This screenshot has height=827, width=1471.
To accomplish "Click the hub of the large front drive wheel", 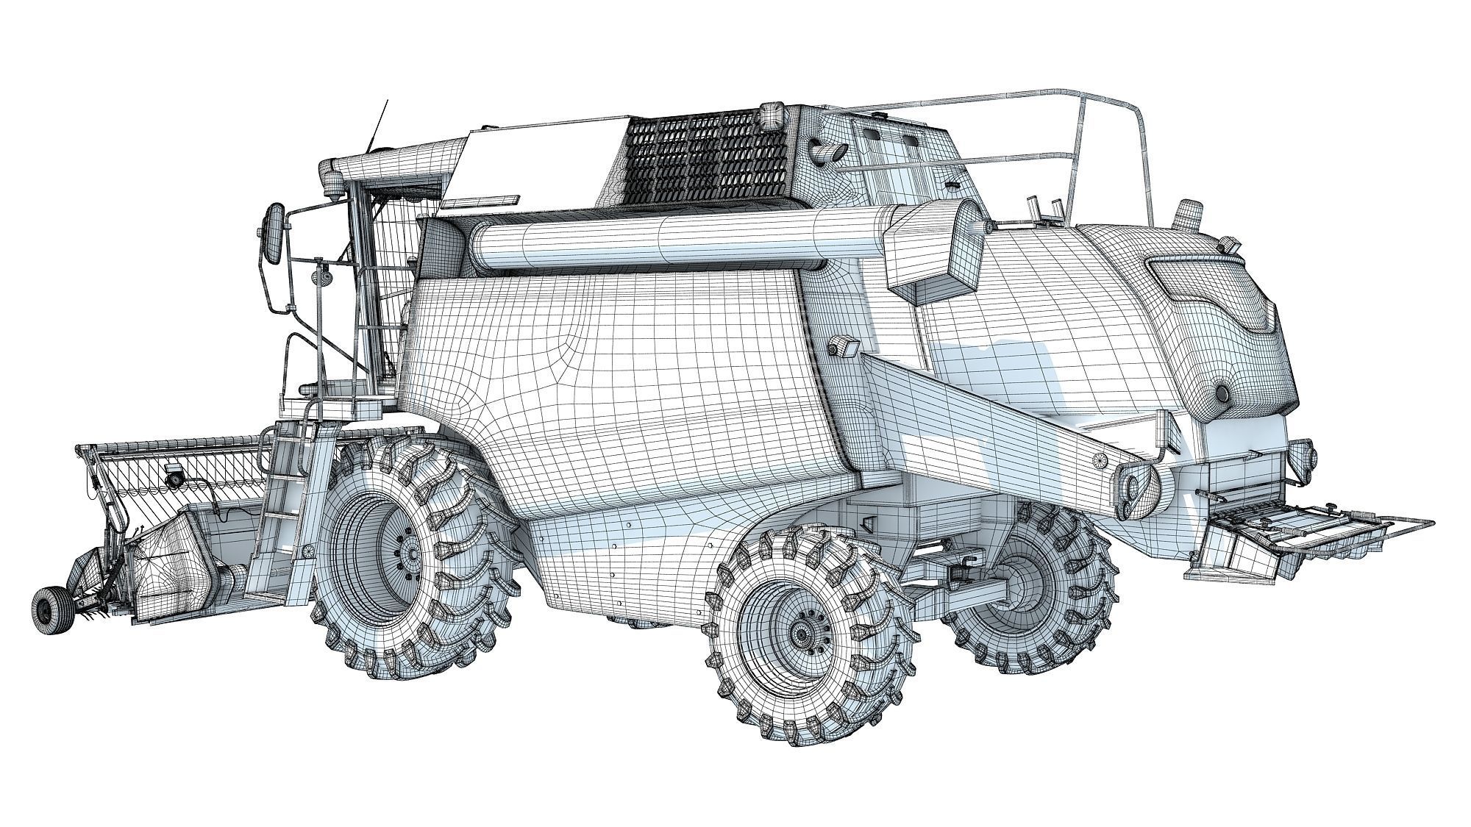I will (408, 553).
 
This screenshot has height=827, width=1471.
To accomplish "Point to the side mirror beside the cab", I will (274, 234).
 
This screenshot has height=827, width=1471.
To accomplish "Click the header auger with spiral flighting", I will (184, 485).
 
